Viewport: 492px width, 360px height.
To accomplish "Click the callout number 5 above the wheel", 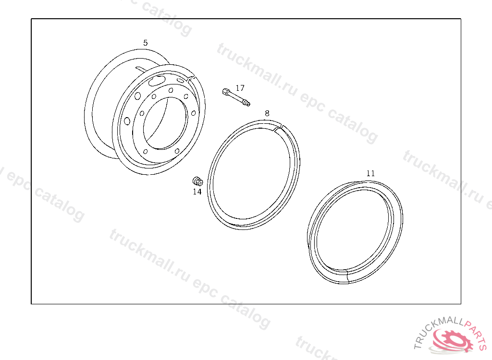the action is click(145, 43).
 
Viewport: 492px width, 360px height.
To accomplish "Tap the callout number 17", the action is click(240, 88).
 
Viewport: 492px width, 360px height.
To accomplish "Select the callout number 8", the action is click(267, 113).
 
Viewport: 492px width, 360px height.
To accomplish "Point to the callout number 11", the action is click(370, 173).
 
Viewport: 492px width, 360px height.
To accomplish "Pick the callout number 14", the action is click(197, 192).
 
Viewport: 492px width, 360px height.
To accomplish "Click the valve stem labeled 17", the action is click(236, 97).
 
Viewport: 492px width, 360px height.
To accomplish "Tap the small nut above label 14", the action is click(197, 181).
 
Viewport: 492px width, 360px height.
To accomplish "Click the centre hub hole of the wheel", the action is click(165, 123).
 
